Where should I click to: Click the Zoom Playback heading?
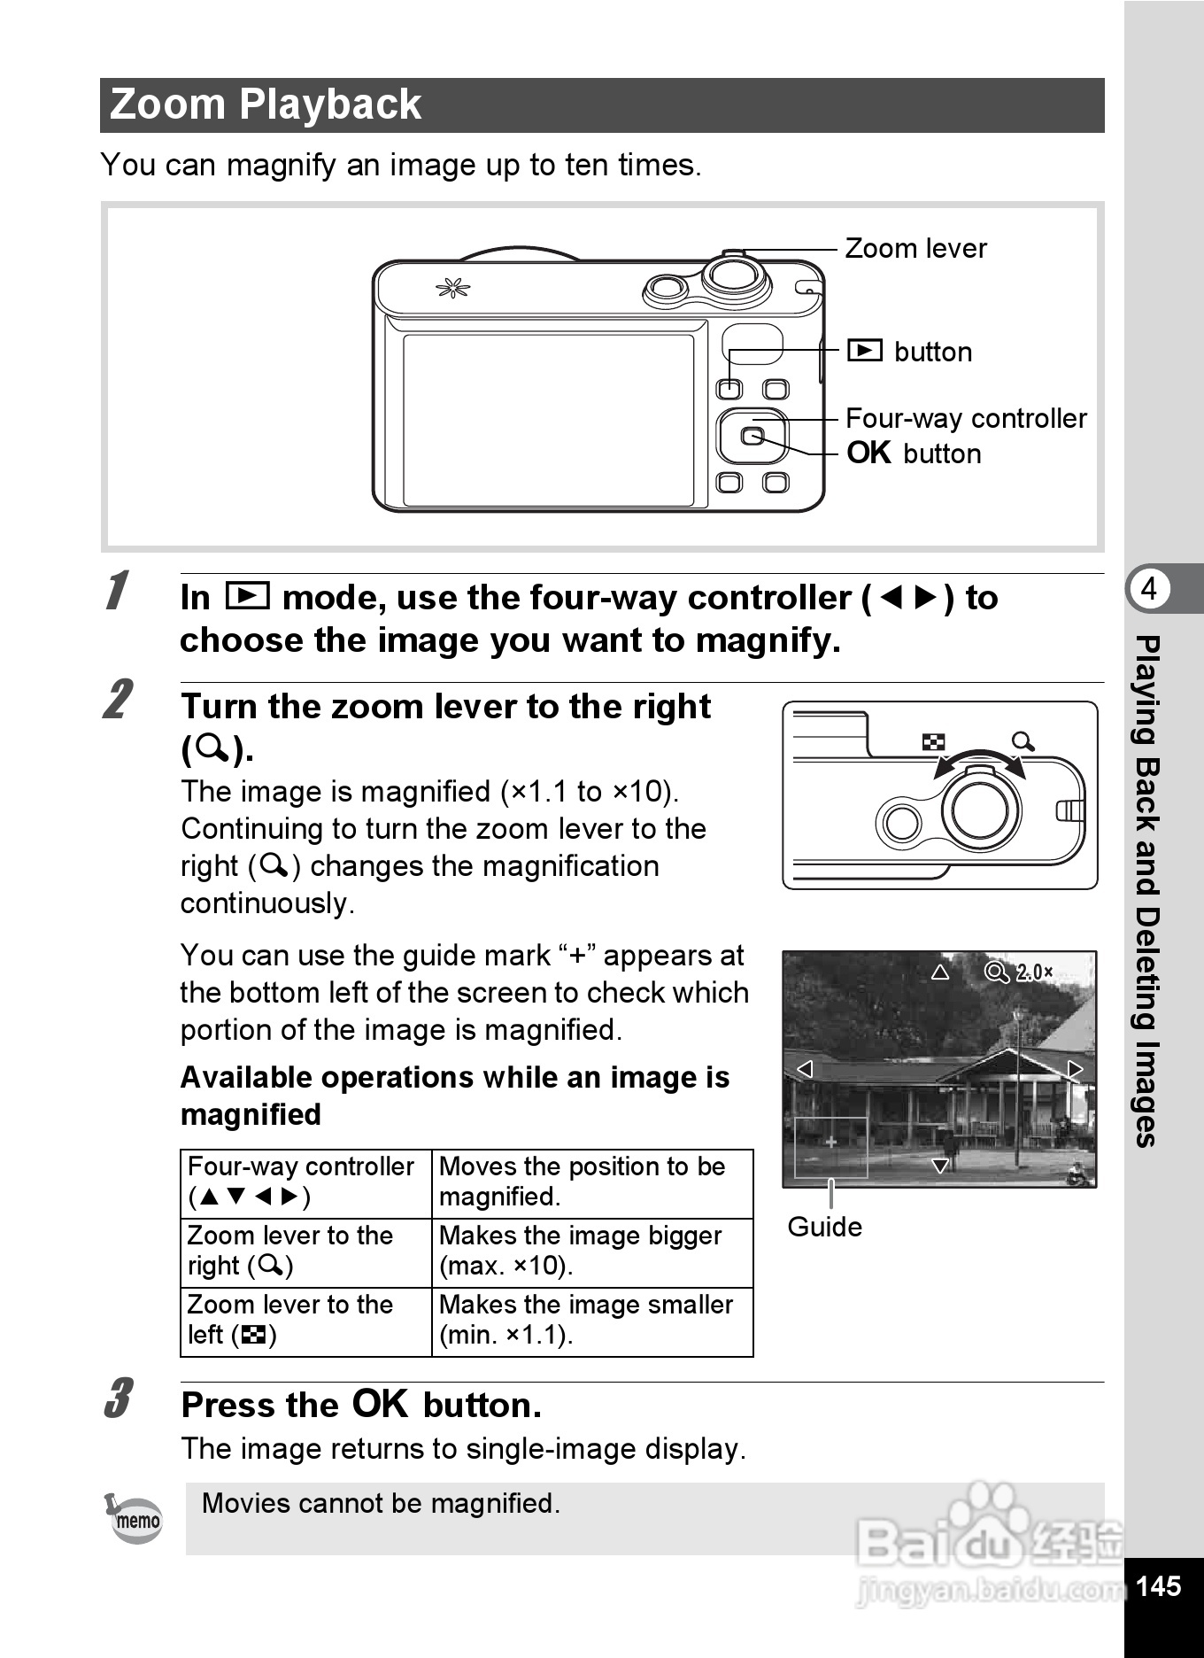(x=266, y=105)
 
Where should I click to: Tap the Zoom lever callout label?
(x=915, y=248)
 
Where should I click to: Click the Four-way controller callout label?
(x=966, y=418)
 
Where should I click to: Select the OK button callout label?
(x=915, y=453)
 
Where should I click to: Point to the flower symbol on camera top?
(x=452, y=288)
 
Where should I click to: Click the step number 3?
(x=118, y=1398)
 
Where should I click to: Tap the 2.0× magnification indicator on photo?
(x=1033, y=972)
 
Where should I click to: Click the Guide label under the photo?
(x=824, y=1227)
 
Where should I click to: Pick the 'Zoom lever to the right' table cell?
(x=290, y=1251)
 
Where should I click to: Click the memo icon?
(x=135, y=1519)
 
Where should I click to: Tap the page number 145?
(x=1158, y=1585)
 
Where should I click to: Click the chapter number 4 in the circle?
(x=1149, y=588)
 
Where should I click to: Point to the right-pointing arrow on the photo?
(x=1075, y=1069)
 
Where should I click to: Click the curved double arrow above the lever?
(x=979, y=758)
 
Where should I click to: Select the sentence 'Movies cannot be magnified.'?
(x=381, y=1503)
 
